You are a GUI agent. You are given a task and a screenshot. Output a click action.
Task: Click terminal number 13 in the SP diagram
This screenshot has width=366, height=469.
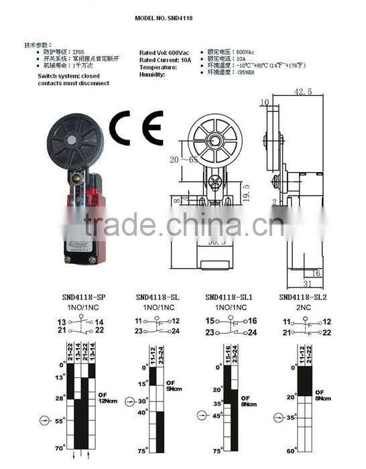pos(61,322)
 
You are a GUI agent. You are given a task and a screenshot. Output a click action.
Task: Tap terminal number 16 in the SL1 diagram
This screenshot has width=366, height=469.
pos(252,322)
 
